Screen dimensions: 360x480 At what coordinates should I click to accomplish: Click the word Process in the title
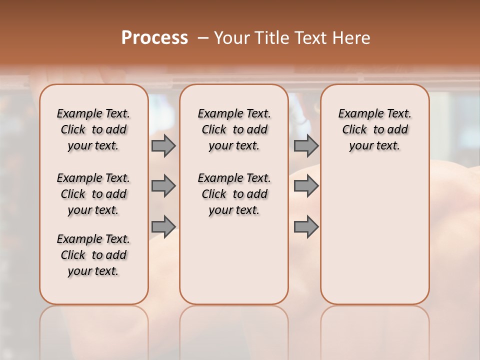click(154, 38)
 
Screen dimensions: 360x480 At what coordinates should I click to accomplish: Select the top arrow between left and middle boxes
click(163, 145)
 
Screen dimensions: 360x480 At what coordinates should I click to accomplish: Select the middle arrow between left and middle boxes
click(163, 186)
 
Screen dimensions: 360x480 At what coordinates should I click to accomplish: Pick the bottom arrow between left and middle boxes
click(163, 226)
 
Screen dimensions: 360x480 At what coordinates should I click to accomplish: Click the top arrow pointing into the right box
click(306, 145)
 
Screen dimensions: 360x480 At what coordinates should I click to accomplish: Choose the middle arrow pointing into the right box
click(306, 186)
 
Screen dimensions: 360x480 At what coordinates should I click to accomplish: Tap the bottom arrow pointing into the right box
click(306, 226)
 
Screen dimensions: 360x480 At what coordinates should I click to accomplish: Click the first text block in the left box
click(93, 129)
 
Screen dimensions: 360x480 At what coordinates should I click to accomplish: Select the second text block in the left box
click(93, 194)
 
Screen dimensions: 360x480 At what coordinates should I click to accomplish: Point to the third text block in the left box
click(93, 255)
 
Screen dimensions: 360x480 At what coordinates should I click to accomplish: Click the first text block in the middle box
click(234, 129)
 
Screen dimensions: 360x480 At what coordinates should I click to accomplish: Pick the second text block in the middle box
click(234, 194)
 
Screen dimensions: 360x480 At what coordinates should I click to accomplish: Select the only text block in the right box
click(375, 129)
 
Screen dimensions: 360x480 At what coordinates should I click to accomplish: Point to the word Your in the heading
click(232, 38)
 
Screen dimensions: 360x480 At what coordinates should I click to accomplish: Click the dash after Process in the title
click(203, 38)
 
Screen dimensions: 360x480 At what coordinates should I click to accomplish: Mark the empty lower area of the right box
click(375, 235)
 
